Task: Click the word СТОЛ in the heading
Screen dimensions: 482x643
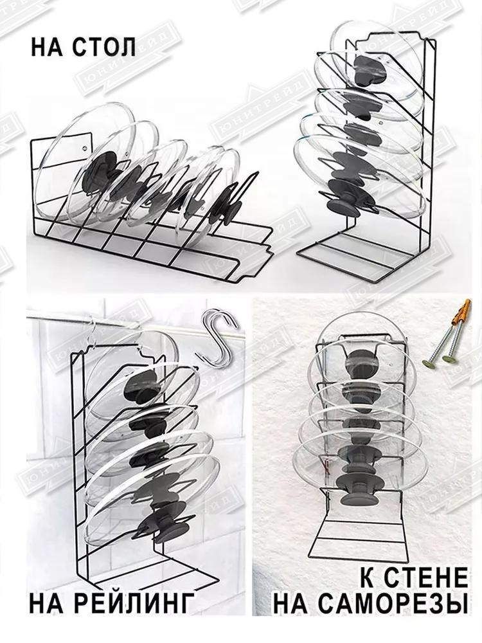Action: click(x=104, y=47)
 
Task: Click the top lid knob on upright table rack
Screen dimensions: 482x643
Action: click(x=370, y=69)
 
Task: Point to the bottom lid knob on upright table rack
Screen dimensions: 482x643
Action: click(x=344, y=205)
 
